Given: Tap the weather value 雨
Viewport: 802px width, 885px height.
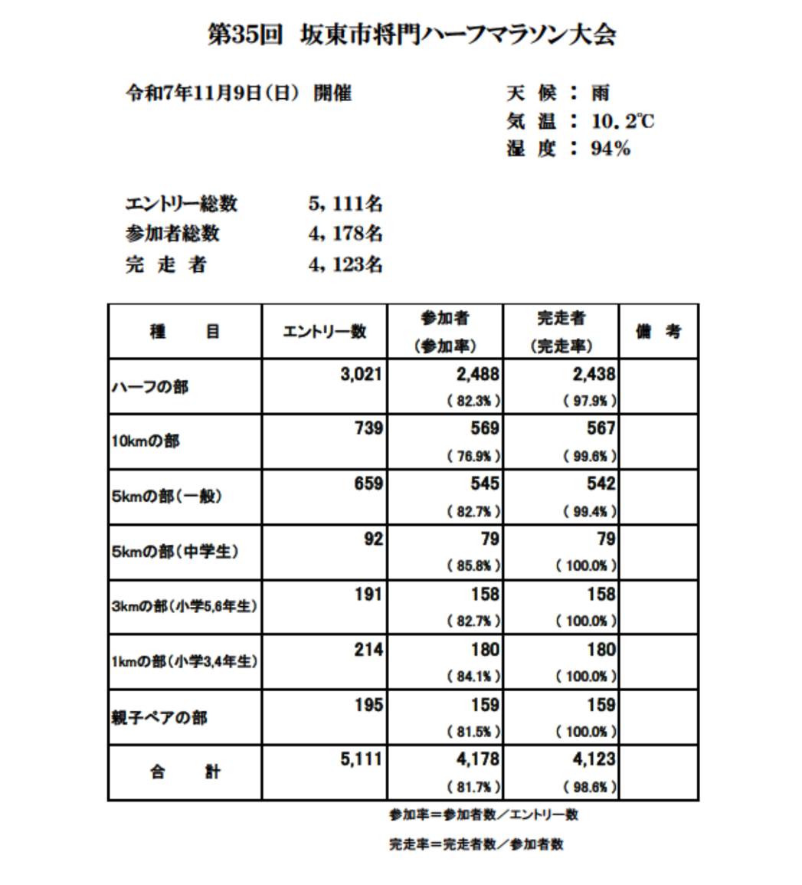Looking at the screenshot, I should coord(600,94).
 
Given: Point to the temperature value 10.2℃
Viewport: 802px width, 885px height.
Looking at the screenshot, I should coord(622,121).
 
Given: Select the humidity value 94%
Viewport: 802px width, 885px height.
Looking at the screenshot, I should coord(610,149).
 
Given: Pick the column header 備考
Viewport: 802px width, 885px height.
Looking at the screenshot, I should coord(658,331).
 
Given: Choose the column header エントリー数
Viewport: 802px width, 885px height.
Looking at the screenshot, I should coord(325,331).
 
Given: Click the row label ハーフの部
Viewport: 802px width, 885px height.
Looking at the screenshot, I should coord(147,387).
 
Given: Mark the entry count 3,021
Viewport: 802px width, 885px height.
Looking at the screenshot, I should coord(360,374).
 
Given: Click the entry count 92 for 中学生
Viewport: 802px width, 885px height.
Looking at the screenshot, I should coord(372,539).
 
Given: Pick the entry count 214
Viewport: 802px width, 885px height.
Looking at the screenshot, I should coord(367,650).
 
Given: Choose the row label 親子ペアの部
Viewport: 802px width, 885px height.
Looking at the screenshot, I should coord(159,718).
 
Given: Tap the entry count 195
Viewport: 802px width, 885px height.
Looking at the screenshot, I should coord(367,705).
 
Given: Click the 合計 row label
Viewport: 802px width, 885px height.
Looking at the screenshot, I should coord(184,772).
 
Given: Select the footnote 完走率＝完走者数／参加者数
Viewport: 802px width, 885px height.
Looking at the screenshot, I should coord(476,845).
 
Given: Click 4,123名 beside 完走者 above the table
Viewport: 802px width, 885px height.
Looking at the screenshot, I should coord(345,265).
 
